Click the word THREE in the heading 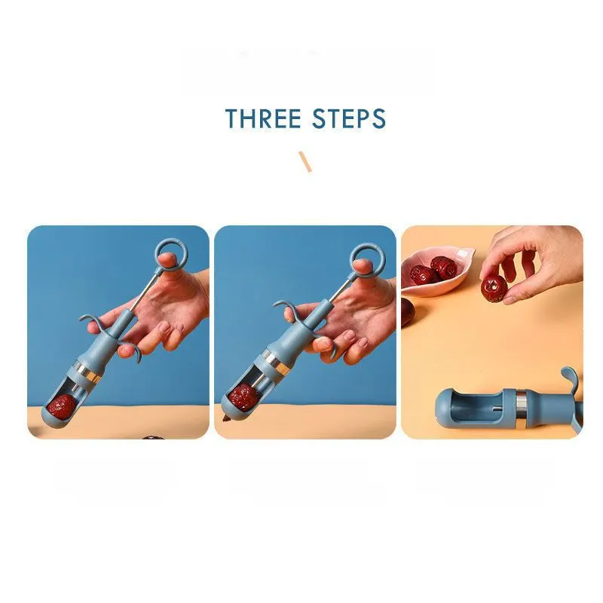click(263, 118)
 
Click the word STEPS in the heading click(349, 118)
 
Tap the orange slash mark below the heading click(305, 162)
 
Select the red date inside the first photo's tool click(62, 407)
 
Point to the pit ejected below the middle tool click(224, 418)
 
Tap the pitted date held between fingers click(494, 288)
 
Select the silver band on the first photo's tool click(87, 372)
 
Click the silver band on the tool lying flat click(522, 409)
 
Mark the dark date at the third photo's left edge click(406, 312)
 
